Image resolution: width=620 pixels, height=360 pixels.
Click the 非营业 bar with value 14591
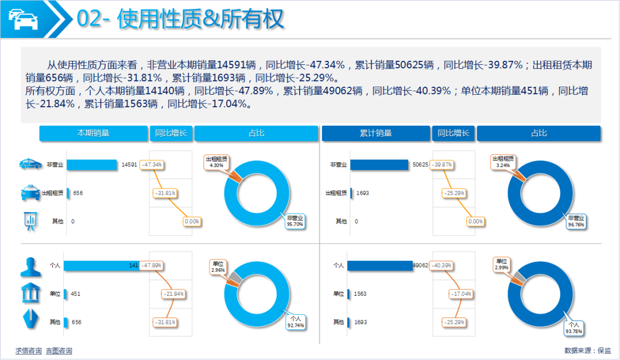click(92, 165)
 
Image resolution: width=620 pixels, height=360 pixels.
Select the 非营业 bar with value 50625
click(379, 165)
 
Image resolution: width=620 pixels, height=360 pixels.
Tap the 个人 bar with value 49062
click(381, 266)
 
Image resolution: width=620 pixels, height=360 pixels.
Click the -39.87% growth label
click(441, 165)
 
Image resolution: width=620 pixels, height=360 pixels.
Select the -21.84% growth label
click(173, 294)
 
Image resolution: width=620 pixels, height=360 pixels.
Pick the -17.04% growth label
click(460, 294)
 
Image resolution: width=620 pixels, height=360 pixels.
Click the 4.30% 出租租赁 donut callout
click(216, 161)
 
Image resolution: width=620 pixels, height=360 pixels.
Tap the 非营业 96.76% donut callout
click(576, 221)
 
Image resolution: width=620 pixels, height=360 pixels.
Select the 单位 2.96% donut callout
click(218, 266)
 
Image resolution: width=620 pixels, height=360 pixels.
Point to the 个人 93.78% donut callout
click(573, 328)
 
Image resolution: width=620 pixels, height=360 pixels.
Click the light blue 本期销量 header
click(94, 133)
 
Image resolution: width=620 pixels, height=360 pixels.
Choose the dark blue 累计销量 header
click(376, 133)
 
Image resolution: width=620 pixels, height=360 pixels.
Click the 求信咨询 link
click(28, 351)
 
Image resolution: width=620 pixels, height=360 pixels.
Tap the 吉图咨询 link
click(59, 351)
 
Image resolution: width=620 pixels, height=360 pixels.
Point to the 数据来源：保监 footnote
click(588, 350)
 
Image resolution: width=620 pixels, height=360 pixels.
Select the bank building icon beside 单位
click(30, 293)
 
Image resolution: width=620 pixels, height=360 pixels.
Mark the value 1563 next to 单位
click(361, 294)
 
